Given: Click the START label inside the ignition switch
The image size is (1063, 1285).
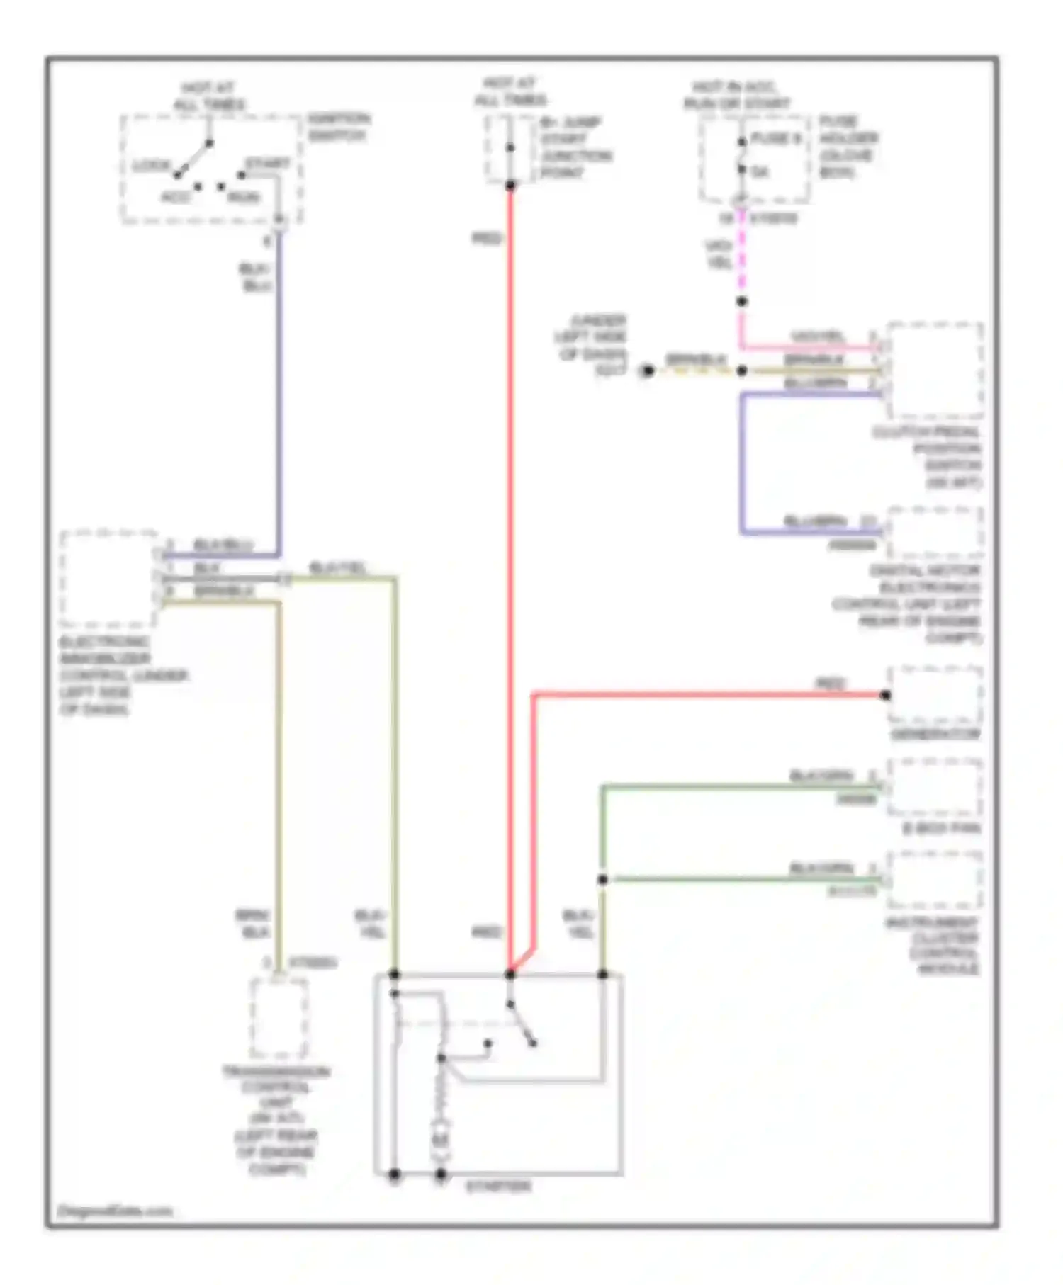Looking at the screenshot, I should tap(268, 164).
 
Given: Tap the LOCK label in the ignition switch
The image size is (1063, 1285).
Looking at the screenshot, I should tap(151, 166).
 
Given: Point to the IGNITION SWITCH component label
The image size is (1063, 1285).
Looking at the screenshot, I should tap(339, 127).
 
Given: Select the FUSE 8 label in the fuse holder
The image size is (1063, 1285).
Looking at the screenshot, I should tap(775, 139).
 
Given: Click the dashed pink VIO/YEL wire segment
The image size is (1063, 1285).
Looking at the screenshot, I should tap(741, 255).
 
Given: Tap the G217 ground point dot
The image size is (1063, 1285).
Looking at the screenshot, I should tap(647, 370).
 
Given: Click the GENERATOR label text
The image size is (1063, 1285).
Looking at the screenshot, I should tap(935, 735).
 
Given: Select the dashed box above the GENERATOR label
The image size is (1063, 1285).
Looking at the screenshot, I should tap(935, 695).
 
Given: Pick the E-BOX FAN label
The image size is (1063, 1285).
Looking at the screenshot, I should tap(941, 828).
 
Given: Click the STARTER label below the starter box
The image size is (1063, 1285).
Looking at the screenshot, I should tap(498, 1186).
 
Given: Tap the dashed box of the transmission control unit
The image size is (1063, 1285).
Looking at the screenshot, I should tap(279, 1018).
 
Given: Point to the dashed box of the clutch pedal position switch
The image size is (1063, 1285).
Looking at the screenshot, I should tap(935, 370).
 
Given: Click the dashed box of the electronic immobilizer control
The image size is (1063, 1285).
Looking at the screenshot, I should tap(108, 579).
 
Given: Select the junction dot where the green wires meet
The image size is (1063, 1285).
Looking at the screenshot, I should tap(602, 880).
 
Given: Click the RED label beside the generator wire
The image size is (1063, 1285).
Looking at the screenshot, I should tap(831, 684).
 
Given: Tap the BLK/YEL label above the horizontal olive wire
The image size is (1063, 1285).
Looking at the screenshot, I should tap(338, 568).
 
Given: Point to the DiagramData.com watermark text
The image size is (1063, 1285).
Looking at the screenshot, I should tap(115, 1211).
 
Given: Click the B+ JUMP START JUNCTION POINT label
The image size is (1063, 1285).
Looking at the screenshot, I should tap(575, 147).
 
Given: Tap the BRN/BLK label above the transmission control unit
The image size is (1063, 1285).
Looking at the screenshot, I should tap(252, 924).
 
